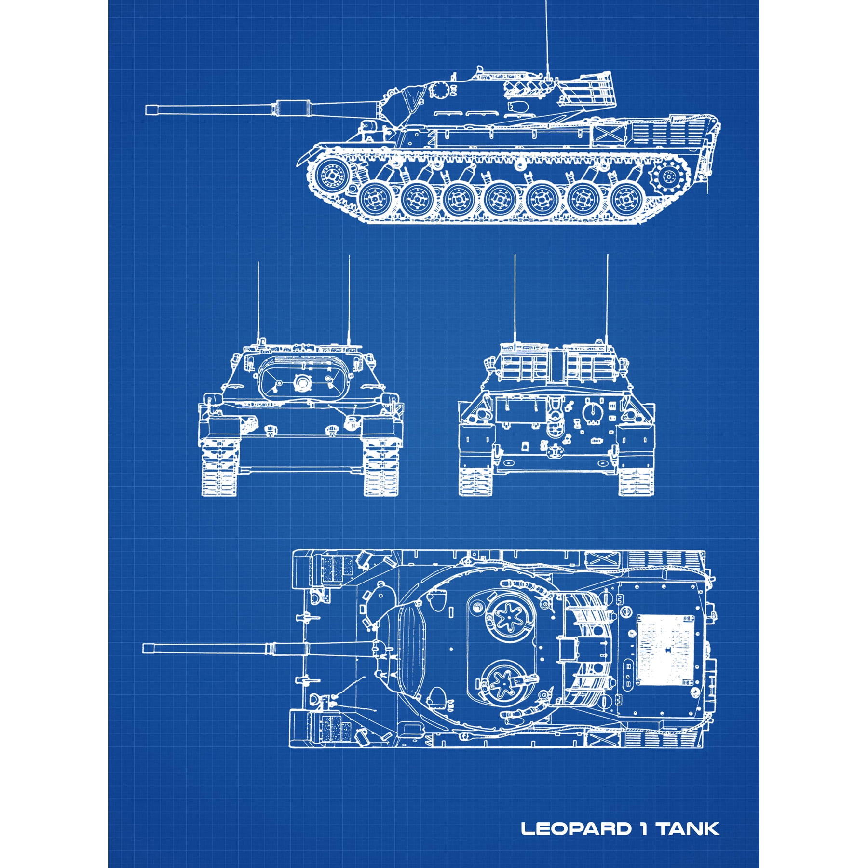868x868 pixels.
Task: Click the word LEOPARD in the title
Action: point(576,829)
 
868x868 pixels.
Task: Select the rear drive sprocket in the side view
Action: point(668,178)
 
